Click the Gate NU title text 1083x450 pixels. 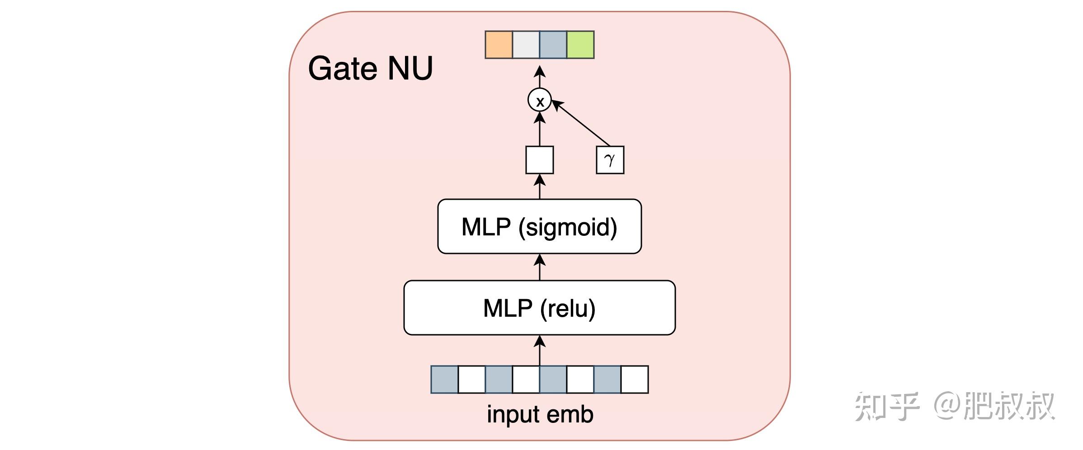[x=370, y=69]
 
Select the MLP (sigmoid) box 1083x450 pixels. [x=539, y=226]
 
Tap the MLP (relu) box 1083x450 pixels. [x=539, y=308]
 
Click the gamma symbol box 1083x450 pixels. [x=610, y=159]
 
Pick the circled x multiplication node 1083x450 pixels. [x=540, y=100]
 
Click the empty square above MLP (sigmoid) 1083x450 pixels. [x=539, y=159]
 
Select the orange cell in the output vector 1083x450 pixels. [x=499, y=45]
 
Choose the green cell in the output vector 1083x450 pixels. [x=580, y=45]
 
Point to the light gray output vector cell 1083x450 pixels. [x=526, y=45]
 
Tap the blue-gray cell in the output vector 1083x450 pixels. [x=553, y=45]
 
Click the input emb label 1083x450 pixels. [x=540, y=414]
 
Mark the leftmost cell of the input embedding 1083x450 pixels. [x=444, y=380]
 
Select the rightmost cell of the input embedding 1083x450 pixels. [x=635, y=380]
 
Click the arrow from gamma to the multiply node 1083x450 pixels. [x=581, y=123]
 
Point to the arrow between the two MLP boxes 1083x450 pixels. [x=540, y=267]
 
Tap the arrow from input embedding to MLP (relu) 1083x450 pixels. [x=540, y=350]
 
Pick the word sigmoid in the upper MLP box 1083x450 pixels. [x=567, y=227]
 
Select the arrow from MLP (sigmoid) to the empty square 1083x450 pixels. [x=540, y=186]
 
